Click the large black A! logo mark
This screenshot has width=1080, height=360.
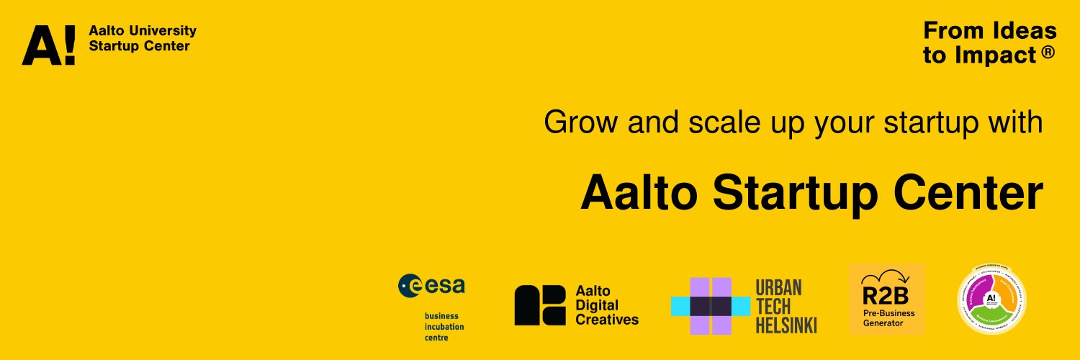pyautogui.click(x=48, y=45)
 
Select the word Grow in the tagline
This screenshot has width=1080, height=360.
pyautogui.click(x=575, y=122)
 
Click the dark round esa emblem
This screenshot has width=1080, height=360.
pyautogui.click(x=411, y=286)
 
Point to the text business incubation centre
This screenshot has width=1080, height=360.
pyautogui.click(x=444, y=326)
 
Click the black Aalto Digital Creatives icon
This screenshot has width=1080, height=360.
pyautogui.click(x=540, y=305)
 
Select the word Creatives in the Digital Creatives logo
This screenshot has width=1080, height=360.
pyautogui.click(x=607, y=319)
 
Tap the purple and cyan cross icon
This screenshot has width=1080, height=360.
pyautogui.click(x=711, y=306)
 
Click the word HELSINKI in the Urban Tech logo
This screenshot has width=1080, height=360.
pyautogui.click(x=786, y=325)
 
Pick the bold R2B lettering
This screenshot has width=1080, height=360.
pyautogui.click(x=886, y=296)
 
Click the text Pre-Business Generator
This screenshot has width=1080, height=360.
pyautogui.click(x=887, y=318)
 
